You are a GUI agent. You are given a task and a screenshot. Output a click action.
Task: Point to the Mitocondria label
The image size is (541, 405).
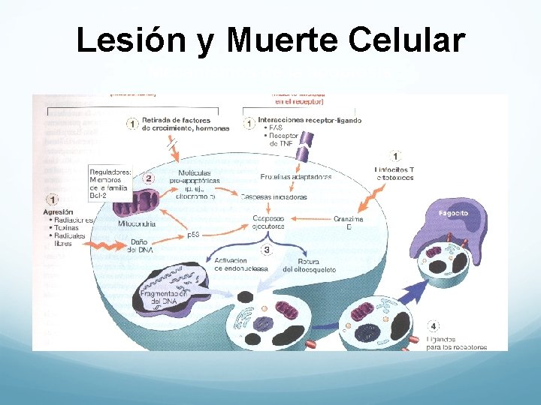tap(138, 223)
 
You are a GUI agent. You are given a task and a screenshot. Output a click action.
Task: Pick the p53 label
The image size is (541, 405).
tap(193, 235)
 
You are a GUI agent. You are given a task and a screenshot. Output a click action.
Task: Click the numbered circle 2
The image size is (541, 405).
tap(149, 178)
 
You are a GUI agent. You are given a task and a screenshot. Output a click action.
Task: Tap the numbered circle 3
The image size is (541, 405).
tap(266, 249)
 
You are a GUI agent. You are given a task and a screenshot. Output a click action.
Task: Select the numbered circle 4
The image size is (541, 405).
tap(434, 326)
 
